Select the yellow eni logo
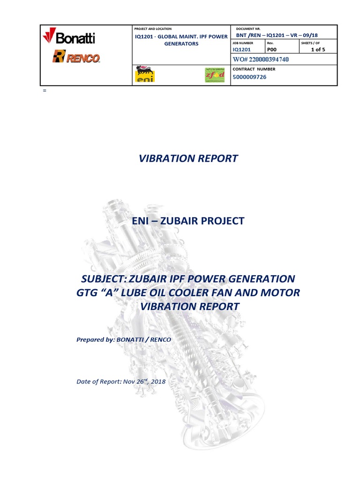click(144, 75)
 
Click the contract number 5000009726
click(250, 77)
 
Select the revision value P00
click(272, 49)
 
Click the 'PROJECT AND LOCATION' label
click(153, 29)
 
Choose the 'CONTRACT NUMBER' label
click(254, 69)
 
